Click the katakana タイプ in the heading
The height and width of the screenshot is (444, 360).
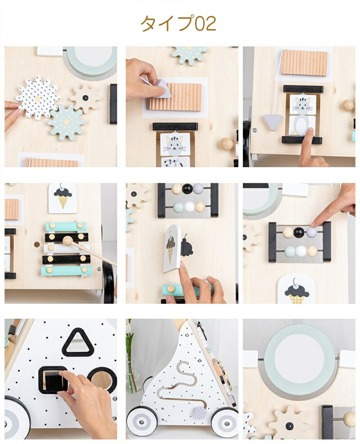click(168, 23)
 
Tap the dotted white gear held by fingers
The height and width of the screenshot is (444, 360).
click(37, 98)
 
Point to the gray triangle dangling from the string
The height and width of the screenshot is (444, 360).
click(273, 122)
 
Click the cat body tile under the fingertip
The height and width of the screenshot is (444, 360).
click(302, 126)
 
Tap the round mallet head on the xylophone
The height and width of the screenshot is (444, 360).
click(67, 241)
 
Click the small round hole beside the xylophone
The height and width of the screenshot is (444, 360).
click(37, 244)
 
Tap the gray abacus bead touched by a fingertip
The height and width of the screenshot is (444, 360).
click(311, 233)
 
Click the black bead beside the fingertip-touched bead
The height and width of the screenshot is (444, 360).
click(299, 233)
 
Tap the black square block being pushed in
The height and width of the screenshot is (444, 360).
click(54, 381)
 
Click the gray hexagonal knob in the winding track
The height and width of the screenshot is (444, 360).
click(200, 413)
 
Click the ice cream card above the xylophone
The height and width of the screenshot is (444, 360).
click(63, 198)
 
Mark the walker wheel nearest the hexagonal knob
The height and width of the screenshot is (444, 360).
click(225, 422)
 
